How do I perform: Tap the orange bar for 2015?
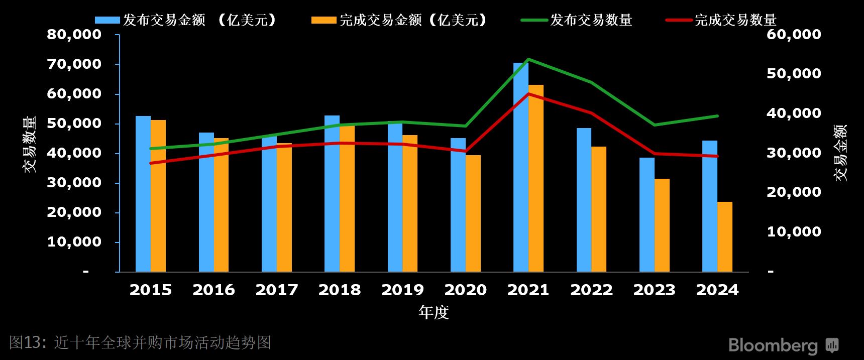[x=158, y=196]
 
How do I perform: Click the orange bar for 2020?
[x=473, y=213]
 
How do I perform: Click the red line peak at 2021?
[x=528, y=94]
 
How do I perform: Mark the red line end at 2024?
[x=717, y=156]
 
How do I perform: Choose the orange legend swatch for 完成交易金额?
[x=323, y=20]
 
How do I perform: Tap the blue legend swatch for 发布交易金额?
[x=107, y=20]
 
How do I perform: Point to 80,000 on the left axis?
[x=74, y=35]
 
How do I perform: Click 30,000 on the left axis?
[x=74, y=183]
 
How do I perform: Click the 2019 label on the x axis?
[x=402, y=290]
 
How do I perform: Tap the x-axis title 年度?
[x=433, y=312]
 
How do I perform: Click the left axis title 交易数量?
[x=30, y=145]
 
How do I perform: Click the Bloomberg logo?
[x=784, y=345]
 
